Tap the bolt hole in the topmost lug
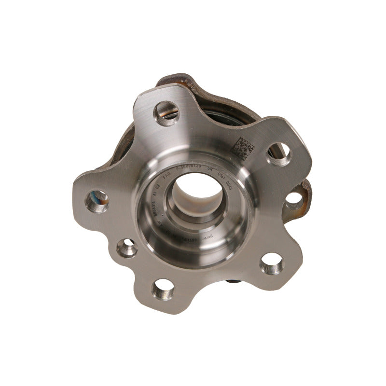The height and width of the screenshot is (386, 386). tap(166, 112)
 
